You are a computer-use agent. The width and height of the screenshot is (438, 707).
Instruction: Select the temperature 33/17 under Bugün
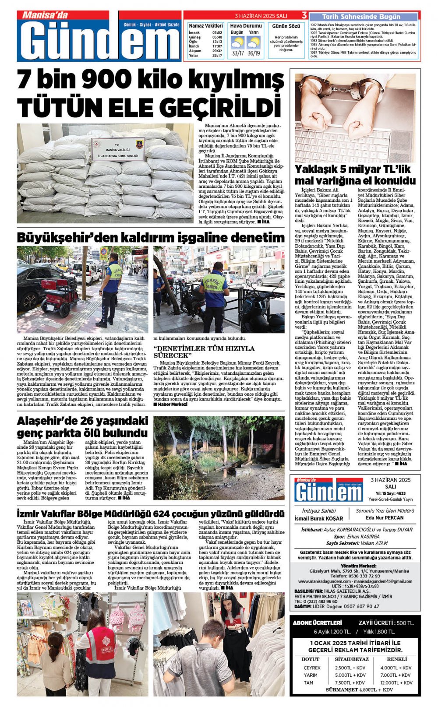(x=238, y=53)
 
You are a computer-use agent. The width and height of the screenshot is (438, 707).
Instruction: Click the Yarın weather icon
(x=253, y=42)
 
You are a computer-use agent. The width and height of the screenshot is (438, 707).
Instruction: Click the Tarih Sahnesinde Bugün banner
(x=361, y=17)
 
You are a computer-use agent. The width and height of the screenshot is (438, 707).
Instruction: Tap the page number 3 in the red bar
(x=304, y=16)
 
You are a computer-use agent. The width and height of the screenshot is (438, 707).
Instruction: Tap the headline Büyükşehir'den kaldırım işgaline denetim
(x=151, y=238)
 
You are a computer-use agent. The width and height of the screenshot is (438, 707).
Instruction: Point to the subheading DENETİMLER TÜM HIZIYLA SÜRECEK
(x=204, y=352)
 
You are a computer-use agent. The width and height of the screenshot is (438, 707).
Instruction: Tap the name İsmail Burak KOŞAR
(x=319, y=518)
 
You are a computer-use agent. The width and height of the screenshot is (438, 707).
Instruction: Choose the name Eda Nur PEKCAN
(x=385, y=518)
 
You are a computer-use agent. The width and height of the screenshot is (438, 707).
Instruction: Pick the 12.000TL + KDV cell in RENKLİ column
(x=396, y=682)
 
